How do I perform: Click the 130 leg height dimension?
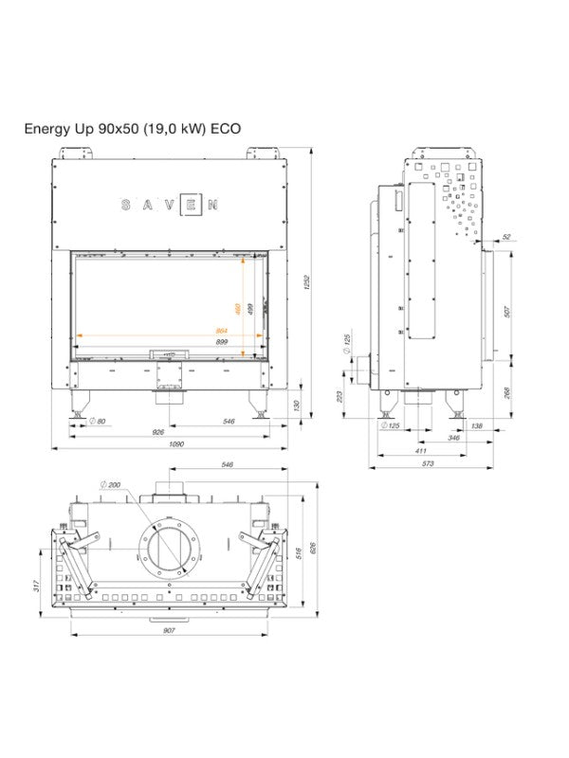click(x=297, y=405)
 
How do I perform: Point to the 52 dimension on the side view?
click(x=506, y=236)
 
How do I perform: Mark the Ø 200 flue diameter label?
click(x=111, y=484)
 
